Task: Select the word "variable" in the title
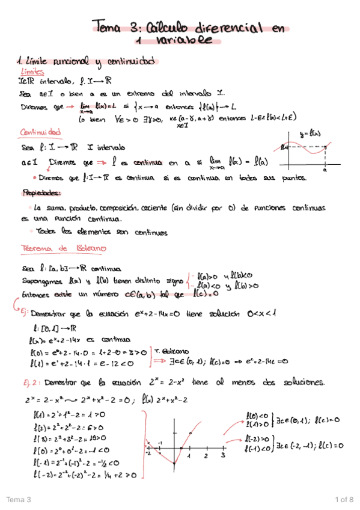[185, 41]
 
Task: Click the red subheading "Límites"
[32, 72]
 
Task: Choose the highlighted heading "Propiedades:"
[42, 193]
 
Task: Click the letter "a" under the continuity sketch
[324, 170]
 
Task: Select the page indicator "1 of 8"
[344, 500]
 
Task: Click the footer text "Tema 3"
[18, 500]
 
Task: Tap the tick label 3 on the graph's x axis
[222, 456]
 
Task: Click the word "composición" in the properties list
[124, 207]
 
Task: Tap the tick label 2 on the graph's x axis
[206, 456]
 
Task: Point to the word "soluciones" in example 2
[297, 382]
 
